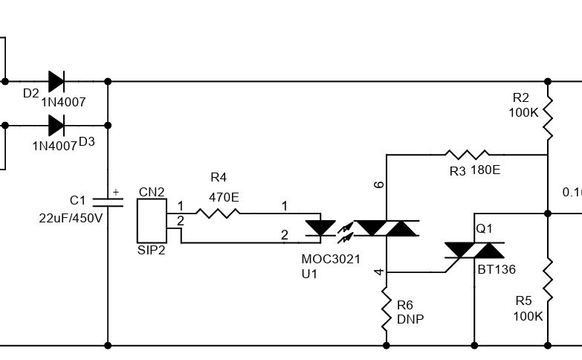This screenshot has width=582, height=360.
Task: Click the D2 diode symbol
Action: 56,81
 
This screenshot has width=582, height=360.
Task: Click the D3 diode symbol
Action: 56,124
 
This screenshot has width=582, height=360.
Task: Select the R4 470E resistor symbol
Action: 218,213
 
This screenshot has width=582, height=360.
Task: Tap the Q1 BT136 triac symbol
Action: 474,251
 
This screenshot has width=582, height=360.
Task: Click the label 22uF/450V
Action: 71,218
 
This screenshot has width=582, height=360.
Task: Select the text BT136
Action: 496,270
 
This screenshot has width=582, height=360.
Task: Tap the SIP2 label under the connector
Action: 152,250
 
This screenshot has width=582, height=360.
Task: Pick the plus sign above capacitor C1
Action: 115,192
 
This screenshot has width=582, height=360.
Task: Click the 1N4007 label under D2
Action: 64,103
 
